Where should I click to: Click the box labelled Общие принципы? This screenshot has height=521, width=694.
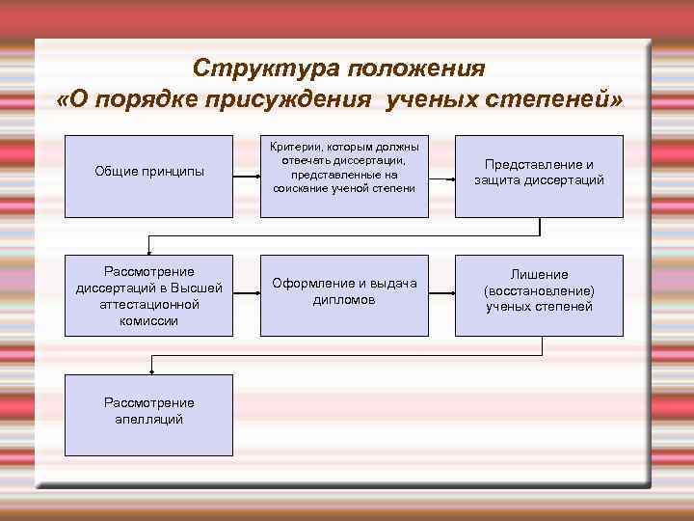coord(149,172)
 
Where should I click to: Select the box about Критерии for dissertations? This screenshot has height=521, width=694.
coord(344,167)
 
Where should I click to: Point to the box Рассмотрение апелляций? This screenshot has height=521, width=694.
coord(149,411)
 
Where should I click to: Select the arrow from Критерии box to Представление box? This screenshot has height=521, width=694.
coord(441,178)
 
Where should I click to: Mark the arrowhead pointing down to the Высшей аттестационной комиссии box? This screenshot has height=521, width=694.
coord(149,248)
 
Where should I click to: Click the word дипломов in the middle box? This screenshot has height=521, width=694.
coord(344,300)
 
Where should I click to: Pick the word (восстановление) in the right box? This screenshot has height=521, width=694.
coord(539,290)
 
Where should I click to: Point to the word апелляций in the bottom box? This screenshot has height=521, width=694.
coord(149,420)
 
